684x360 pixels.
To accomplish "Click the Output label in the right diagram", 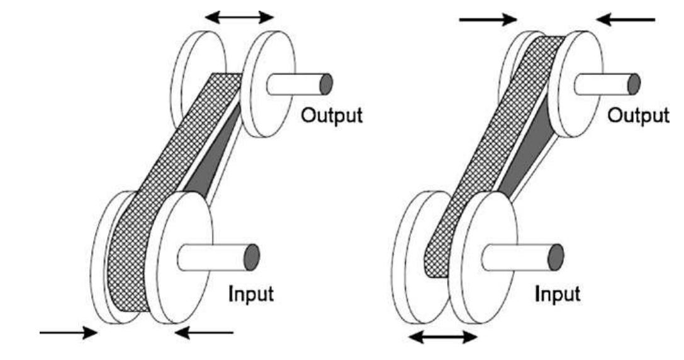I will (639, 117).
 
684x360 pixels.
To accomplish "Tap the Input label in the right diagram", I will (558, 295).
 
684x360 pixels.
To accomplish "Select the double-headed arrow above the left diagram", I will (241, 17).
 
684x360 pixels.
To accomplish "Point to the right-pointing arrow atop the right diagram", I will (488, 20).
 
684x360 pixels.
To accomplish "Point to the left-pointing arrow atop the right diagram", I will (625, 20).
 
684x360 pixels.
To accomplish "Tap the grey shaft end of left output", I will (325, 84).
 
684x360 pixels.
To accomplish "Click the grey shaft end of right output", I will (634, 84).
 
